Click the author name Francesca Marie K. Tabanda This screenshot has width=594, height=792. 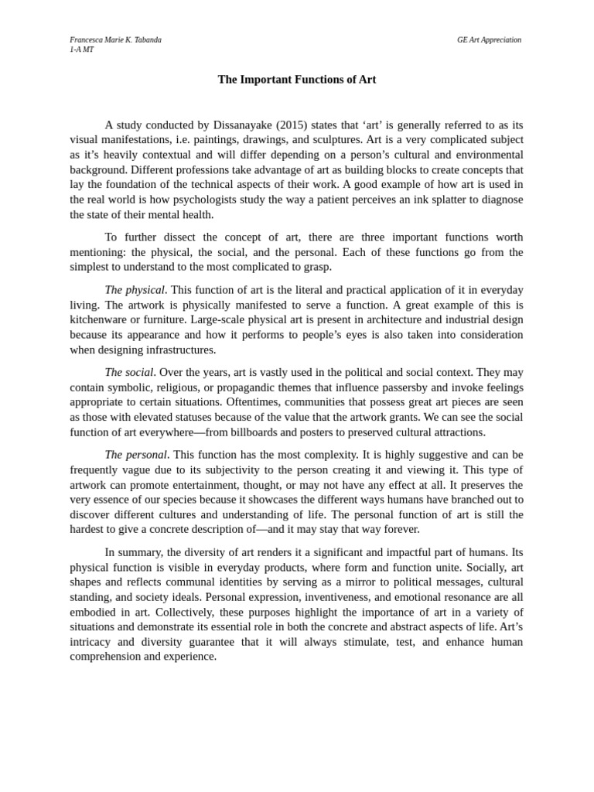pyautogui.click(x=115, y=39)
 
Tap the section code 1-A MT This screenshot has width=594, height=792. pyautogui.click(x=82, y=49)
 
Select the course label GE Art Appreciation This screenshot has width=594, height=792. pyautogui.click(x=489, y=39)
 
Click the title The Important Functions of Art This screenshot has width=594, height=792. pyautogui.click(x=297, y=80)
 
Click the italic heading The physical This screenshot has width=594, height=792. pyautogui.click(x=135, y=290)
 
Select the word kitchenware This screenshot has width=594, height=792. pyautogui.click(x=98, y=319)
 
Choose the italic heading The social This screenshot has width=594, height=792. pyautogui.click(x=129, y=373)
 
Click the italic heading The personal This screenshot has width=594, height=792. pyautogui.click(x=135, y=455)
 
